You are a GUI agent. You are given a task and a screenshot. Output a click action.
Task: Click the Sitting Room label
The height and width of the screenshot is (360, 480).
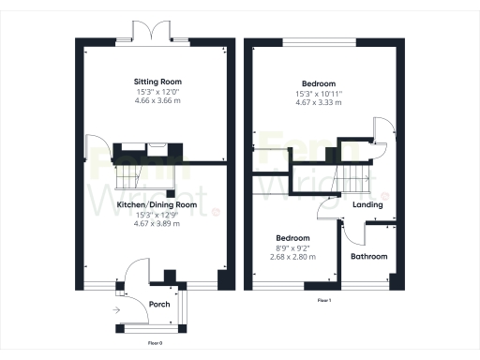(157, 82)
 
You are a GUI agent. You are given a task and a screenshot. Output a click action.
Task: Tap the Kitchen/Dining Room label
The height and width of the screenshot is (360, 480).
(157, 204)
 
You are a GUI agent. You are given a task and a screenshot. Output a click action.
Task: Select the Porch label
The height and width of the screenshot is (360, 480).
(159, 305)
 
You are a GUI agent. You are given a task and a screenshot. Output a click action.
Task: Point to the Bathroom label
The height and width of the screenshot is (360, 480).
(368, 256)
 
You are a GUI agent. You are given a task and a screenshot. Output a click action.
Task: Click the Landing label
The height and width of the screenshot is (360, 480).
(367, 204)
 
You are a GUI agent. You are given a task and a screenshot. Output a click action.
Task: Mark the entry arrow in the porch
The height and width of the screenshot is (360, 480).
(116, 308)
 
